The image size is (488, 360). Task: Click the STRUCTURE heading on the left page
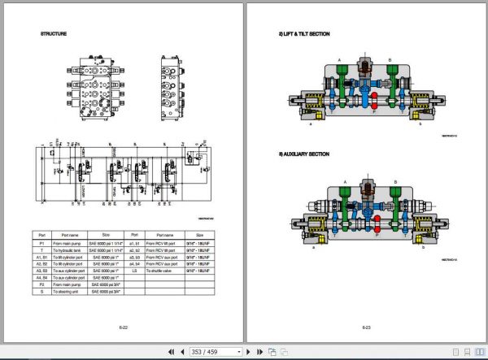[54, 34]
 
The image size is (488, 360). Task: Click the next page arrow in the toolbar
[249, 352]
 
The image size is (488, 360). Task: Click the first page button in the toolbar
[171, 352]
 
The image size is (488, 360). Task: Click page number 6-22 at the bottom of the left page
[123, 327]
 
